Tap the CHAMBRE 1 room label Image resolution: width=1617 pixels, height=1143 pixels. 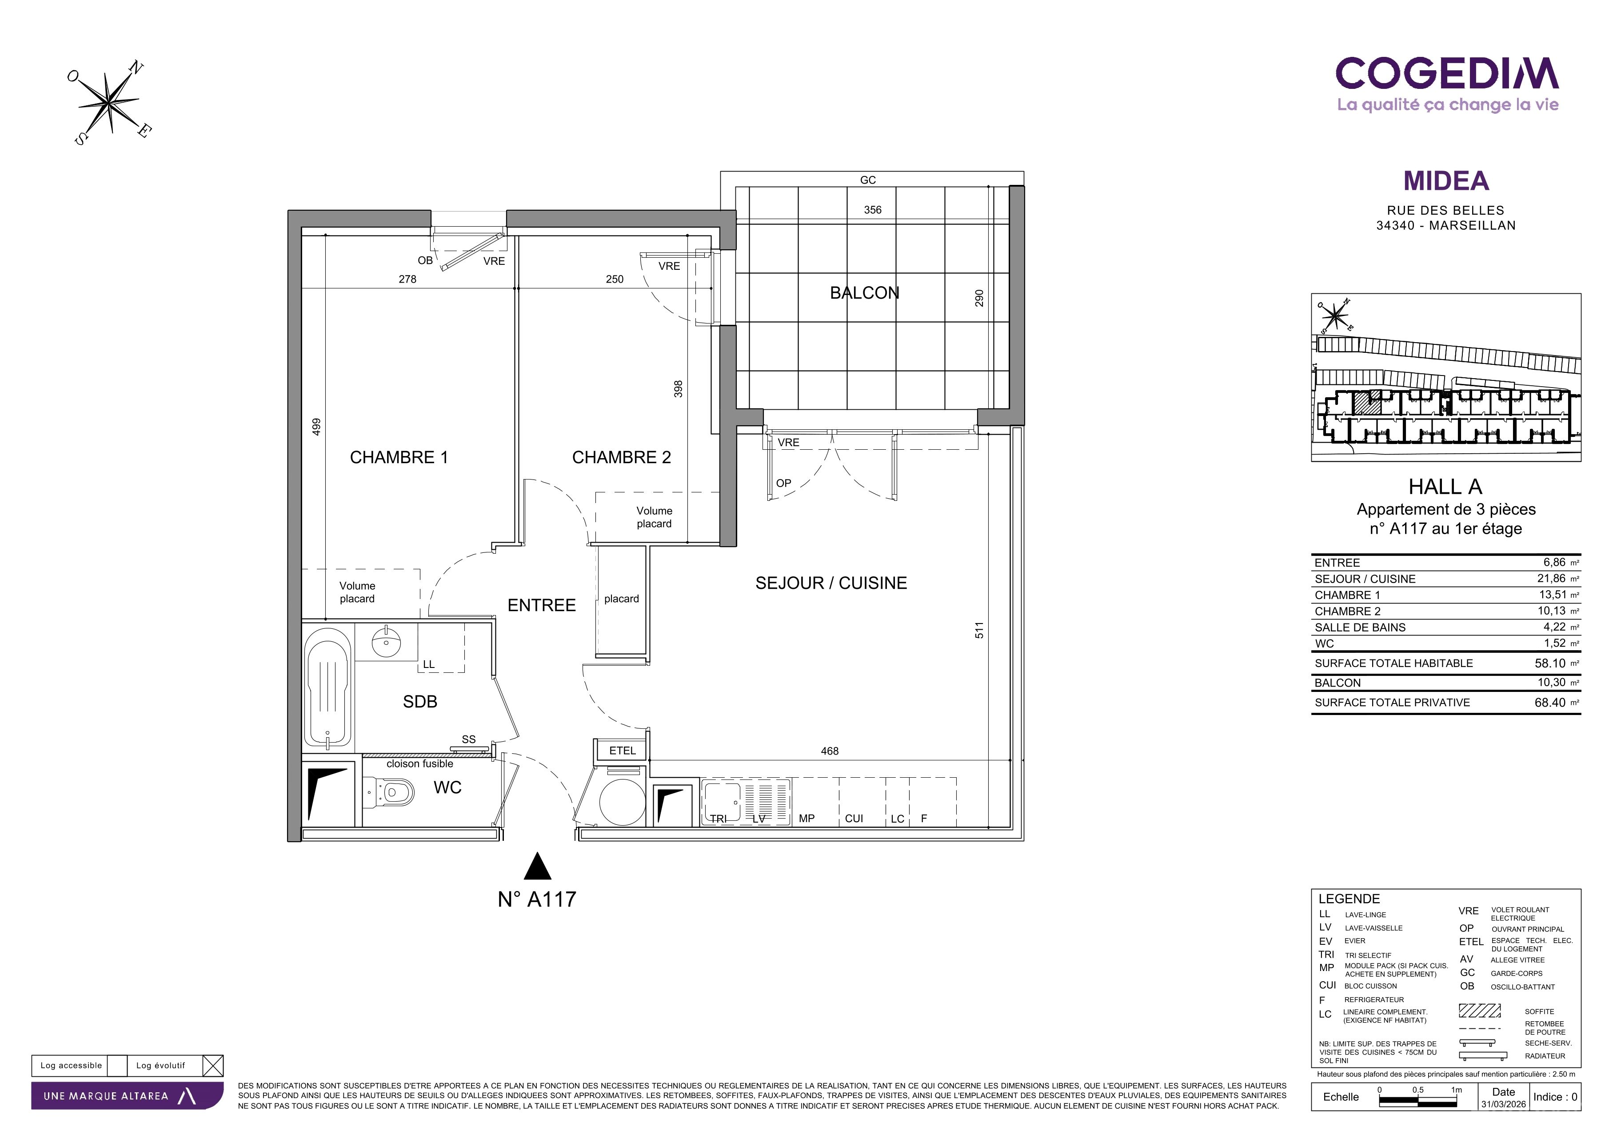[399, 458]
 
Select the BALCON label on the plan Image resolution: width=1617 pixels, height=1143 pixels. [864, 293]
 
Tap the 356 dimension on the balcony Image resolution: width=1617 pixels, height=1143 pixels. [873, 210]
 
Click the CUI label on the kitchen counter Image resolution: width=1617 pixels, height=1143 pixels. [854, 818]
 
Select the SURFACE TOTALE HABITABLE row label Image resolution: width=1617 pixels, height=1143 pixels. [1393, 663]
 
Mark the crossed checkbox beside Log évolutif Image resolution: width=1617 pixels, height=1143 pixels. [213, 1066]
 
